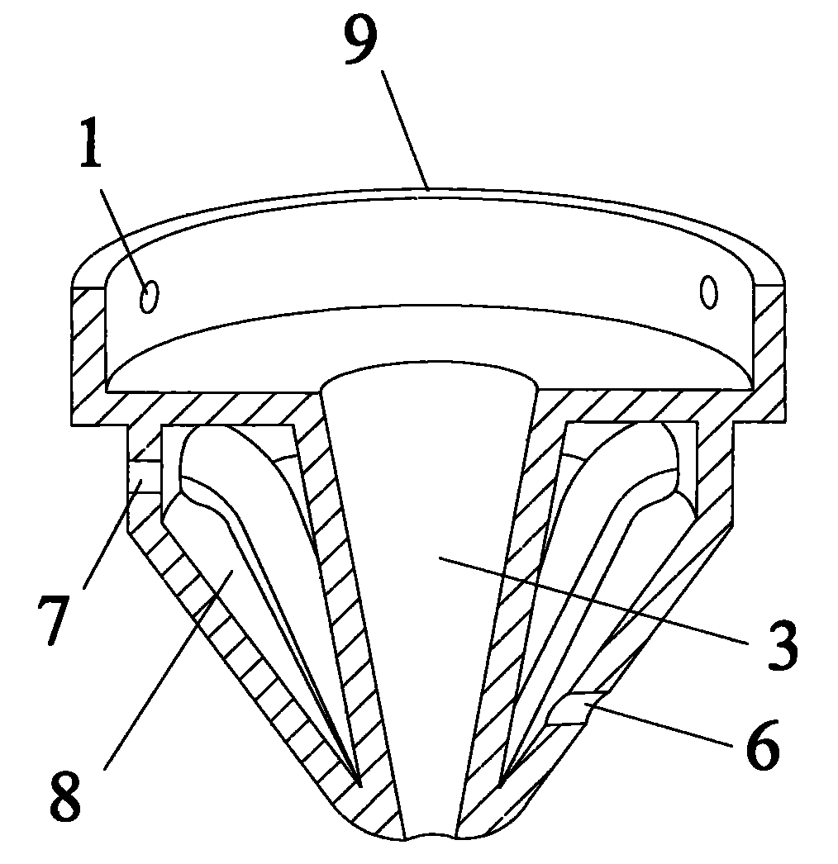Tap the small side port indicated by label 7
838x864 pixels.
coord(142,476)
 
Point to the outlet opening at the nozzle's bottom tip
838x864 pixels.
coord(430,836)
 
